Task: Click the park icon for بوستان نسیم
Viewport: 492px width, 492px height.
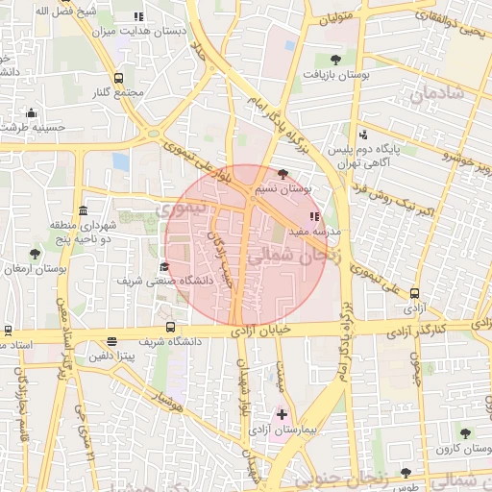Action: (x=282, y=174)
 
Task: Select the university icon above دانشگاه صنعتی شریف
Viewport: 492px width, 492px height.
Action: (x=163, y=267)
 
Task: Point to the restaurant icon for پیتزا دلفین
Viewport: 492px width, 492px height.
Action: (x=113, y=341)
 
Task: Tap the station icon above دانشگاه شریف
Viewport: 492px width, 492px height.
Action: (x=171, y=327)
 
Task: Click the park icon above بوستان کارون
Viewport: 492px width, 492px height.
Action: (x=465, y=433)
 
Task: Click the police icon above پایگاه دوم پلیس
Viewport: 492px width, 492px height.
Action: (x=362, y=135)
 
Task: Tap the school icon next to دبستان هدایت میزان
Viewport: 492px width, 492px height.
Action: (x=138, y=16)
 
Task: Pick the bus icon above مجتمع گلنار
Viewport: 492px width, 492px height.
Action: (x=118, y=79)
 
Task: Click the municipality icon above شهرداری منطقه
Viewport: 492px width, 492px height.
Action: (x=84, y=210)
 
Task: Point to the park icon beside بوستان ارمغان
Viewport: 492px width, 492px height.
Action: (x=36, y=254)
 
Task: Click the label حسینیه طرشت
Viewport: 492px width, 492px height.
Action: (x=33, y=127)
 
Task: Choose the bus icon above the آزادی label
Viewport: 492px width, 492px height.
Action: (x=414, y=293)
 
